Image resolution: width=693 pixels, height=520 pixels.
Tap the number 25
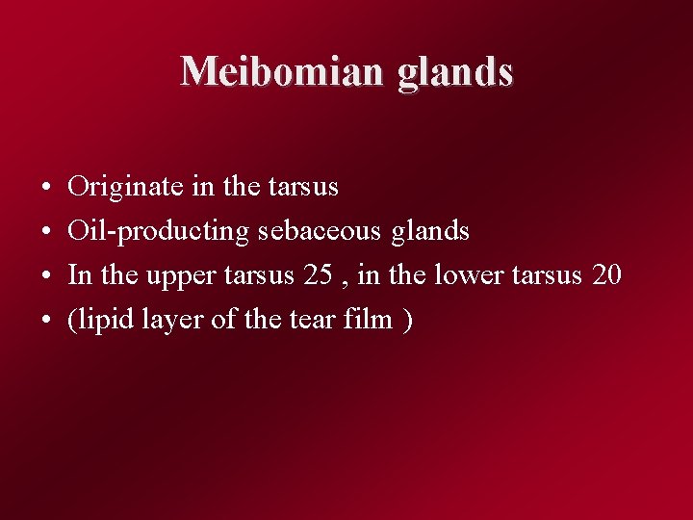click(318, 274)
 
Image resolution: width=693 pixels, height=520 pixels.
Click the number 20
click(607, 274)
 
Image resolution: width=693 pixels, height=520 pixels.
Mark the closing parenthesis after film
click(409, 320)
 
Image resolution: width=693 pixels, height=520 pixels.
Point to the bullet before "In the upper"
click(47, 276)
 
